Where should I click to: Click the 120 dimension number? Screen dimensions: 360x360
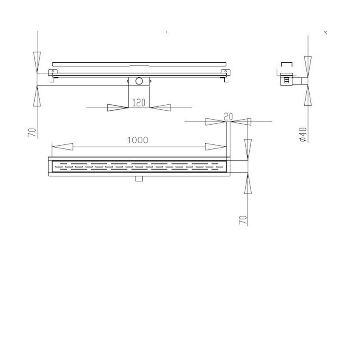138,103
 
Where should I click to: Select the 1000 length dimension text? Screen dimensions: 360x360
138,140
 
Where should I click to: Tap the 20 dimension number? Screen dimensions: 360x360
228,116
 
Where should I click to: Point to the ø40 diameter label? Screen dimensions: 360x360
303,135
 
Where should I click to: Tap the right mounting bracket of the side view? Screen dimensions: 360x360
227,74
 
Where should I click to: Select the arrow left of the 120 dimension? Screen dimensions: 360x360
118,107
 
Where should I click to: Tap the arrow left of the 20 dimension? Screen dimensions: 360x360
215,122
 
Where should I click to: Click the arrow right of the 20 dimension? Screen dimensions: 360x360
242,122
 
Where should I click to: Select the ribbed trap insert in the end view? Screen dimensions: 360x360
286,80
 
